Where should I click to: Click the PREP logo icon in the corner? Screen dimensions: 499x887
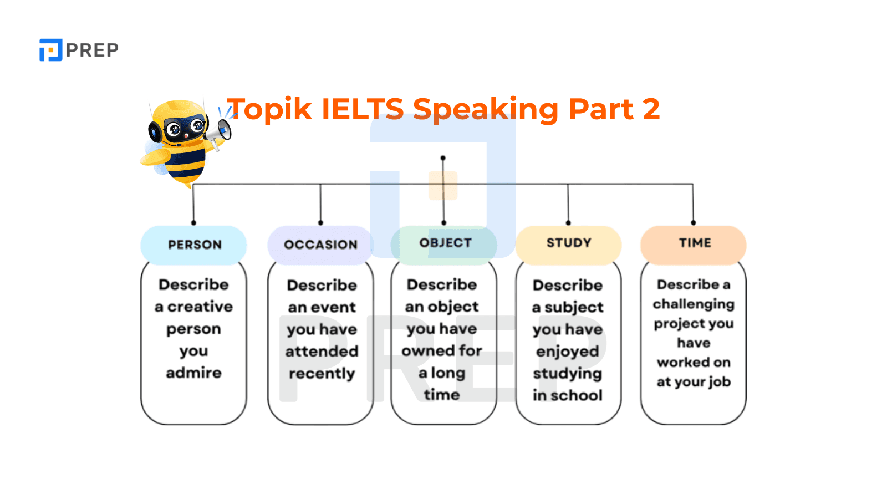coord(50,50)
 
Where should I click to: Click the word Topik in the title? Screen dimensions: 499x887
coord(270,109)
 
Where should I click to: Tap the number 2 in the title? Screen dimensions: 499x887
coord(651,109)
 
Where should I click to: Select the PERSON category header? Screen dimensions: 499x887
coord(194,245)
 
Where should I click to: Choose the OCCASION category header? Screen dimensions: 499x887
coord(320,245)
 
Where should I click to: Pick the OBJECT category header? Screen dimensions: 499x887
coord(445,243)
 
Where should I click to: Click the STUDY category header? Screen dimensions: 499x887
coord(569,243)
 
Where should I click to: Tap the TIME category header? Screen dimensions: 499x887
coord(694,243)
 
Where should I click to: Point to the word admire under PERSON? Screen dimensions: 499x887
coord(193,373)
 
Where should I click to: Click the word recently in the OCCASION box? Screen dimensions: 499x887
coord(322,374)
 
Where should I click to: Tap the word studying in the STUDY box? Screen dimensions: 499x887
coord(567,374)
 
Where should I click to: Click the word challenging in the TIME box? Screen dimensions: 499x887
coord(693,304)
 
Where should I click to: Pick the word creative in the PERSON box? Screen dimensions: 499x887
coord(200,307)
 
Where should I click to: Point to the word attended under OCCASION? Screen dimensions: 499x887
coord(322,352)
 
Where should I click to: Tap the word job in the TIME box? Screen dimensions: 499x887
coord(718,382)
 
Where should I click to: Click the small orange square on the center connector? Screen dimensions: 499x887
coord(443,185)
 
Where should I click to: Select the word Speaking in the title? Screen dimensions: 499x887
coord(486,109)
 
